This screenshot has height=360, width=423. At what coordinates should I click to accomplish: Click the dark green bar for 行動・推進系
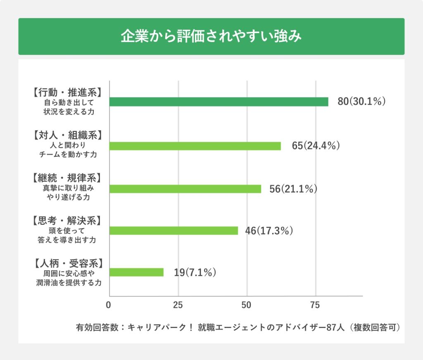click(219, 102)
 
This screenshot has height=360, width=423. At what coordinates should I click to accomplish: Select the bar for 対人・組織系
click(195, 146)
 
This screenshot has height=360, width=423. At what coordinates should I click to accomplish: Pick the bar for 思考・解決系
click(173, 231)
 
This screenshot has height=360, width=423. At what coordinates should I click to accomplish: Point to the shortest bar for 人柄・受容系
click(136, 272)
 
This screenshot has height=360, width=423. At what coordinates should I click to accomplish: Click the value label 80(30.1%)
click(361, 102)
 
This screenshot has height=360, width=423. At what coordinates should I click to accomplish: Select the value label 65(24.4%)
click(316, 146)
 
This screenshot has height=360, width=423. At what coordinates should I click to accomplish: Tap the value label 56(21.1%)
click(293, 188)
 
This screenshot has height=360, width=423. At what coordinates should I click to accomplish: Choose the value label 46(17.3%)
click(269, 231)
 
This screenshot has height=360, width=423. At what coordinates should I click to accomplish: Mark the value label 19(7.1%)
click(195, 272)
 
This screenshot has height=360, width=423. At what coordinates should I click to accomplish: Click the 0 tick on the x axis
click(109, 305)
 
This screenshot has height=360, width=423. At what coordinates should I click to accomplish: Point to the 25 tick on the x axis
click(178, 305)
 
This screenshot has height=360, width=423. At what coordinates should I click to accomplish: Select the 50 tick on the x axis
click(247, 305)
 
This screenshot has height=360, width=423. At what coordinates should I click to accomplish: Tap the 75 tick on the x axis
click(315, 305)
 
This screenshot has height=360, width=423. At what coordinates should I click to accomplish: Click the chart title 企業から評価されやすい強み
click(211, 36)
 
